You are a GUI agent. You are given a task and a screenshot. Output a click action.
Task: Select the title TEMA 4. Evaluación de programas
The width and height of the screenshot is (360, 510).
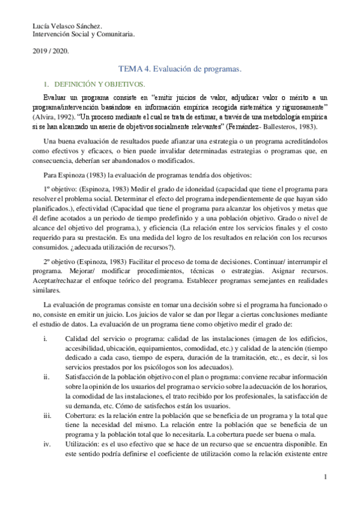click(x=179, y=70)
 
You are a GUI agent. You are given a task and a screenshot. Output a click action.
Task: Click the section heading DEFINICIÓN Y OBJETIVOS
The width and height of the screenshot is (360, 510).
click(x=97, y=84)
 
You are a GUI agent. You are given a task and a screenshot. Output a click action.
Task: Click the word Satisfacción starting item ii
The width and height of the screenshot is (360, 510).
click(x=84, y=377)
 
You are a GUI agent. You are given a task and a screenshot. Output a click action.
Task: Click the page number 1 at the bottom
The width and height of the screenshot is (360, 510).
click(x=325, y=478)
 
